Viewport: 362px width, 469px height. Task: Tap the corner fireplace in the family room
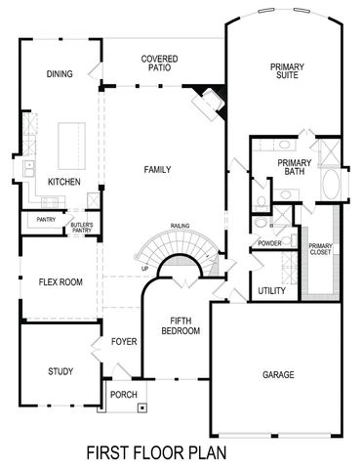pos(208,98)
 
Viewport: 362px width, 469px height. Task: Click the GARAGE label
pos(278,374)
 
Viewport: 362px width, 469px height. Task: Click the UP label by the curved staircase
pos(145,268)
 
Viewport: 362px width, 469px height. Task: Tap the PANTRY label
pos(46,220)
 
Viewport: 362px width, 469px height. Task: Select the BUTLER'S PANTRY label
pos(81,229)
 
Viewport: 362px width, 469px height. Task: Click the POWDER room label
pos(269,242)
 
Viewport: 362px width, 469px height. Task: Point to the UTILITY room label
pos(271,291)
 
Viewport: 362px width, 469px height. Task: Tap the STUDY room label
pos(60,371)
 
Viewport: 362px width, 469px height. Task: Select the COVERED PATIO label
pos(158,64)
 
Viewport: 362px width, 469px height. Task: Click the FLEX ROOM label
pos(60,282)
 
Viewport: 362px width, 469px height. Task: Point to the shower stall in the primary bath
pos(328,152)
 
